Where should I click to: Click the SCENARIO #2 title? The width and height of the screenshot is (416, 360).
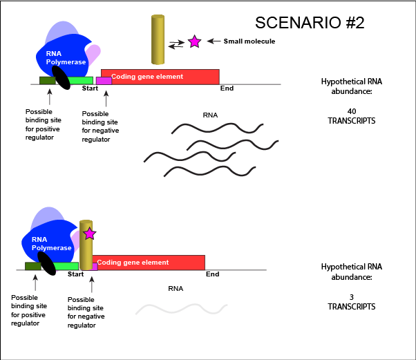[310, 22]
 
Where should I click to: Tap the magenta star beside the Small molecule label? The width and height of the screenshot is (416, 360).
[194, 41]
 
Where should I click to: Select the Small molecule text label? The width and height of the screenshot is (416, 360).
[249, 41]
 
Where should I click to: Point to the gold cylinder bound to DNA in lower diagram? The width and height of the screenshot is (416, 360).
[86, 246]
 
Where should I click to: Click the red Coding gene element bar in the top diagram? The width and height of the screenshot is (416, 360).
[160, 76]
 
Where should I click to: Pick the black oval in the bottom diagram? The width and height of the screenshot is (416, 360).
[47, 263]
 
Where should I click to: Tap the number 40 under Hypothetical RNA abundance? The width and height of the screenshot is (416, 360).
[351, 111]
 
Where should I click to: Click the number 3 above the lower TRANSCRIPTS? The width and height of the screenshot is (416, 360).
[351, 296]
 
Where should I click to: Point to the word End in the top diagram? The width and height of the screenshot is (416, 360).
[227, 88]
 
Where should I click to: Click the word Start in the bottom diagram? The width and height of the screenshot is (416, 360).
[75, 274]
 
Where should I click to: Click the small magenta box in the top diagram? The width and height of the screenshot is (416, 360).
[104, 80]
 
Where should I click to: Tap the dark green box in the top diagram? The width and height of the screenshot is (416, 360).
[47, 81]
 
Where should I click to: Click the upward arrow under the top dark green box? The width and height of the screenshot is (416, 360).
[49, 96]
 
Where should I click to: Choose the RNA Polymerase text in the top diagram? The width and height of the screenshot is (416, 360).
[66, 58]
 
